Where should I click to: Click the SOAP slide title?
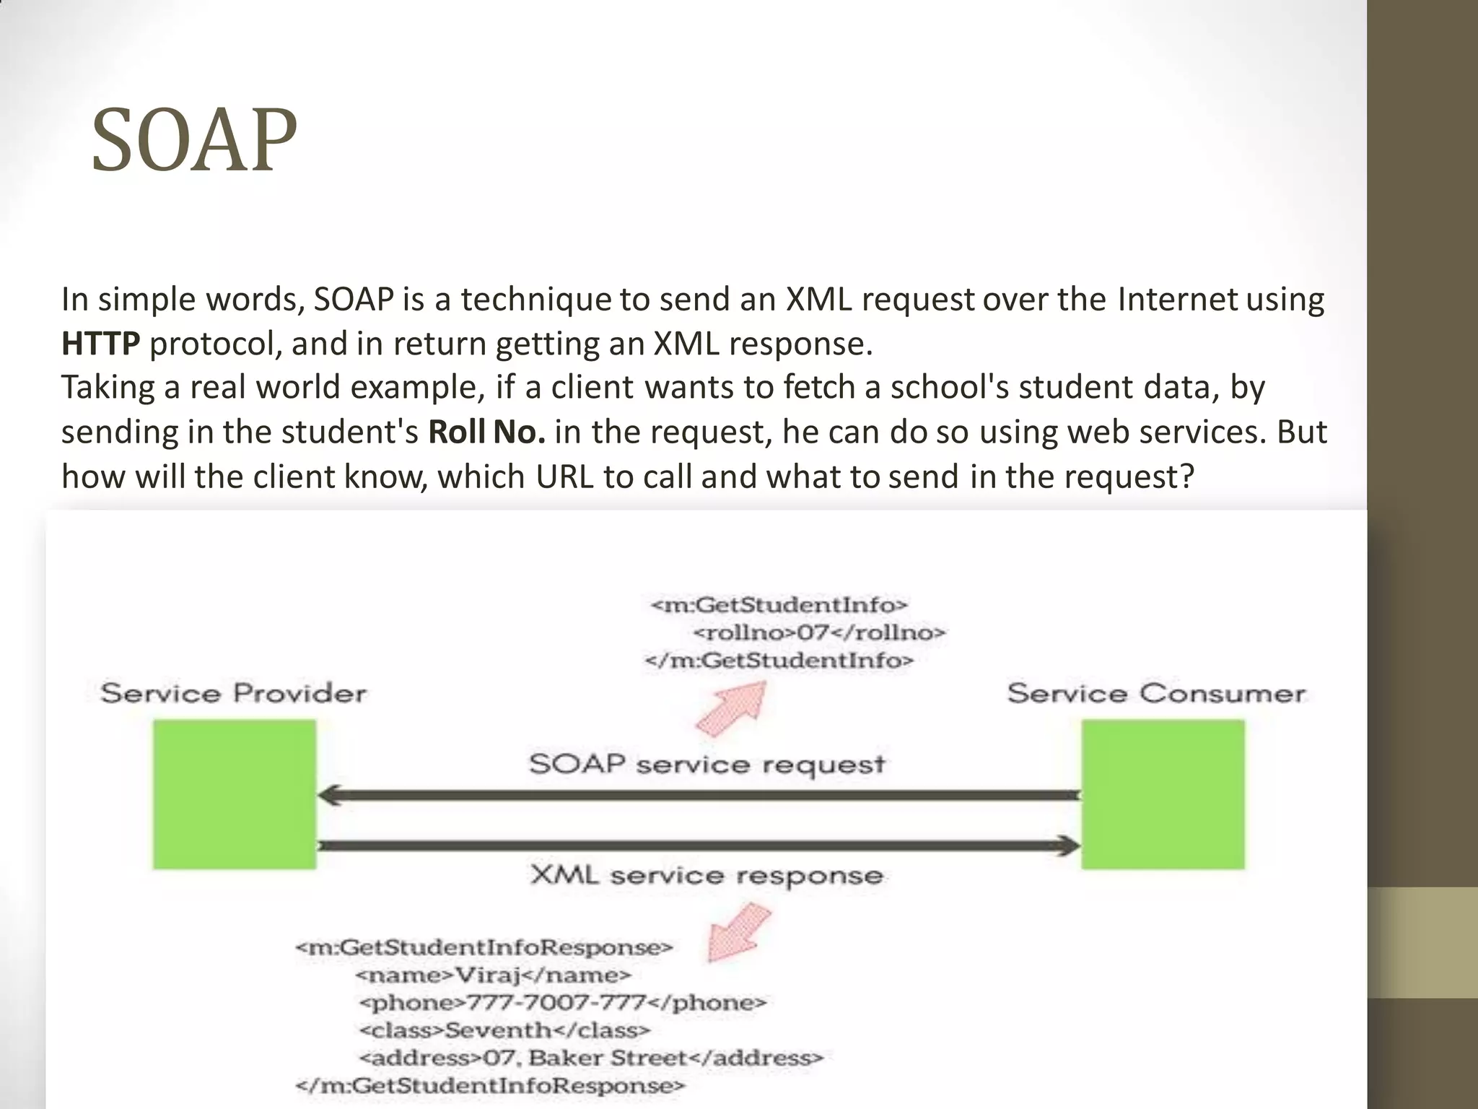pos(193,140)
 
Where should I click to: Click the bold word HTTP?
pos(100,344)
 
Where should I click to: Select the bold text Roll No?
pos(486,432)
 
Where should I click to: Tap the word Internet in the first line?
pos(1177,300)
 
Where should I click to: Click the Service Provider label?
pos(233,694)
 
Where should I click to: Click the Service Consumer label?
pos(1156,694)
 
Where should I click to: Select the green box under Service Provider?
pos(234,794)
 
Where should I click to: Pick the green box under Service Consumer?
pos(1163,794)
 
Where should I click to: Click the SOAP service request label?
pos(707,764)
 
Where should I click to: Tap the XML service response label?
pos(707,876)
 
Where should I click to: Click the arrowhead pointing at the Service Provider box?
pos(329,796)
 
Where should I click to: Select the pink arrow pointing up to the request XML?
pos(731,710)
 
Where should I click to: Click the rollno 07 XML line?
pos(818,633)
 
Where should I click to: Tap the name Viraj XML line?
pos(493,975)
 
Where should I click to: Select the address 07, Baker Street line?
pos(590,1058)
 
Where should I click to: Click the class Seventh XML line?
pos(504,1030)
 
